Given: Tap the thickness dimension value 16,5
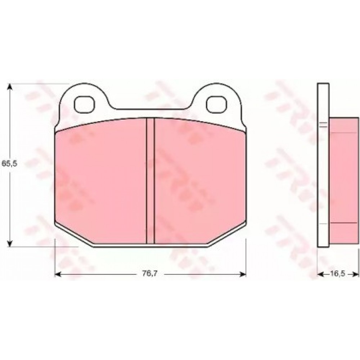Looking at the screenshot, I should [x=337, y=274].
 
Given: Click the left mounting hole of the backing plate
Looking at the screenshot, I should [x=85, y=103].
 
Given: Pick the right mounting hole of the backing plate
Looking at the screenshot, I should [x=218, y=103].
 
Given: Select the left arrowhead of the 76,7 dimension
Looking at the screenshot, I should [x=58, y=274].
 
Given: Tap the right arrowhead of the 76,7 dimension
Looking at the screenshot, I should [x=243, y=274].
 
